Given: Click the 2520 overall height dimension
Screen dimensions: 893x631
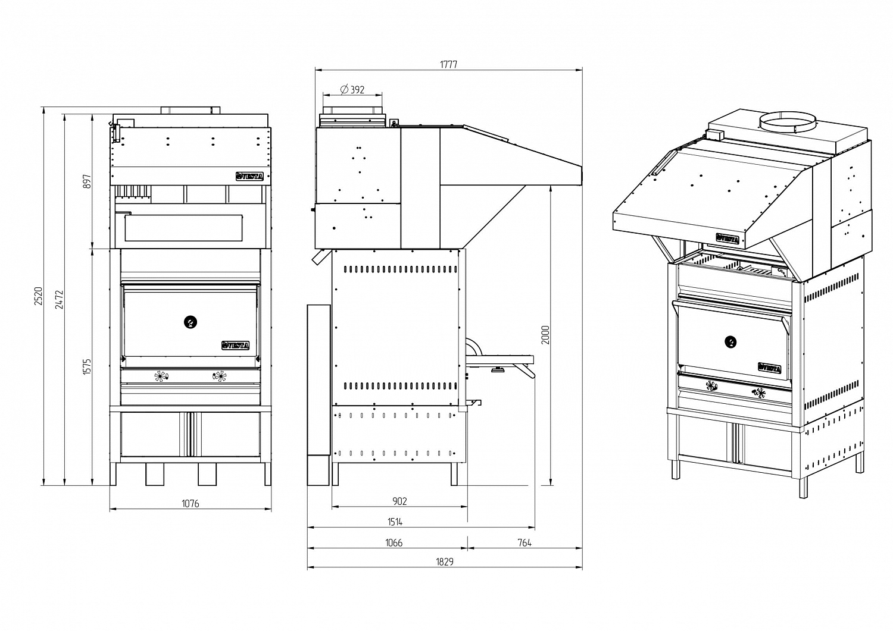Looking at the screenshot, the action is (38, 296).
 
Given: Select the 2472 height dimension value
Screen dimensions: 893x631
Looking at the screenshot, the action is (59, 300).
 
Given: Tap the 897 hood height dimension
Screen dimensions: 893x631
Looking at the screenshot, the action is (88, 181).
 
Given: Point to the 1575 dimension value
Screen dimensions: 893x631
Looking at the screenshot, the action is (88, 366).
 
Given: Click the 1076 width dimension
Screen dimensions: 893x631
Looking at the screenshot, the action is (191, 504).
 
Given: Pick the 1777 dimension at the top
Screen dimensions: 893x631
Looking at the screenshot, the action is (448, 65).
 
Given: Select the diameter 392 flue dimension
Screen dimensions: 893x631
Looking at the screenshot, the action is (352, 90).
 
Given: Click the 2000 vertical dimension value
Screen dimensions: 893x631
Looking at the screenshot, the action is (545, 335).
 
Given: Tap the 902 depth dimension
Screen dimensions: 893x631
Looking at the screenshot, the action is (399, 501).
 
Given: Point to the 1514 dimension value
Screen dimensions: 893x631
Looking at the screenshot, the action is (395, 522).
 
